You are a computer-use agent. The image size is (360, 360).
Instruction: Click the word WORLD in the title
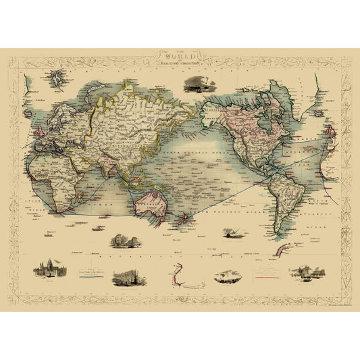180,59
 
